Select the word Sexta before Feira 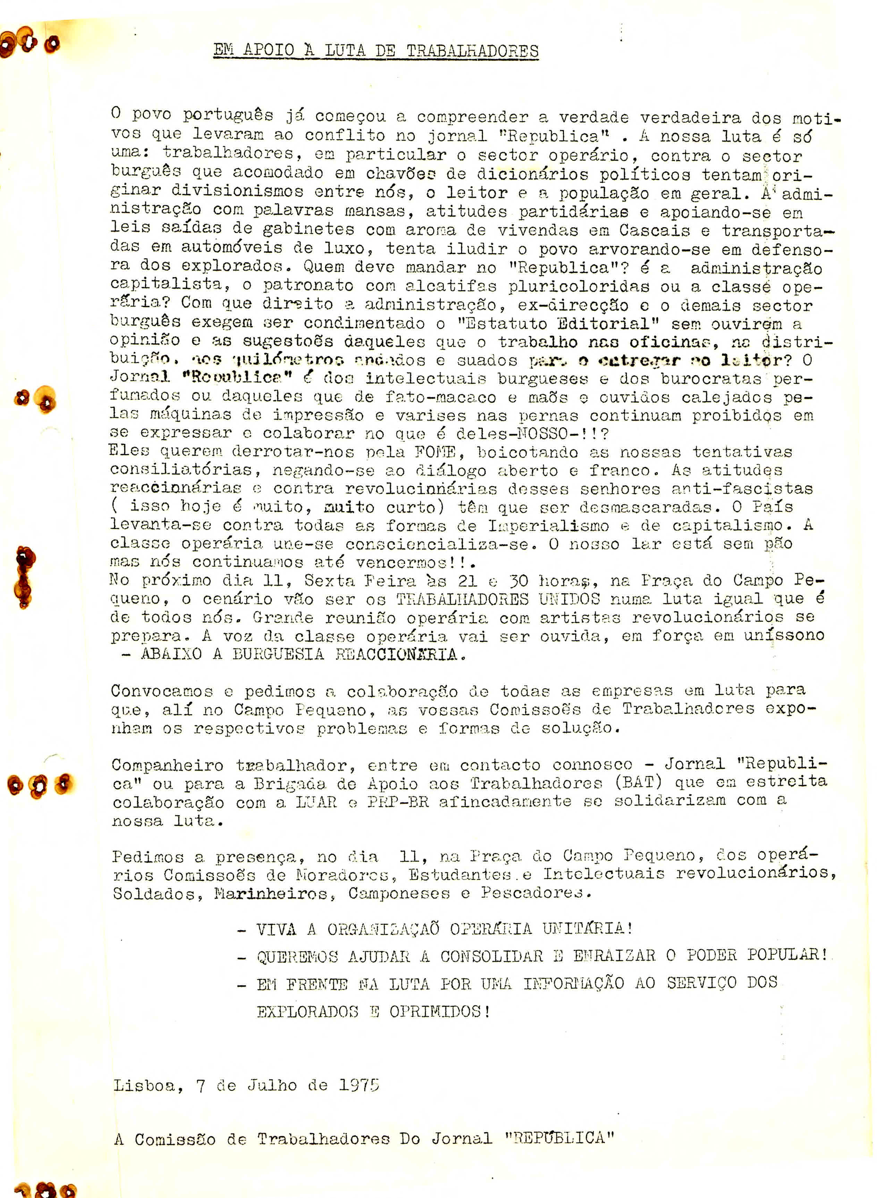[329, 580]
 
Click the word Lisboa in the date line [144, 1086]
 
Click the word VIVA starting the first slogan [276, 929]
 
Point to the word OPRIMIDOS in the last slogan [439, 1012]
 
